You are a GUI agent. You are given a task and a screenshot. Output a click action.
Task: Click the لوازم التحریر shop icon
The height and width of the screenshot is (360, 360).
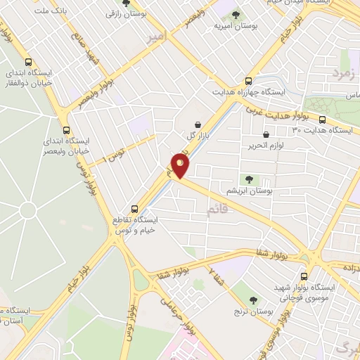click(x=266, y=134)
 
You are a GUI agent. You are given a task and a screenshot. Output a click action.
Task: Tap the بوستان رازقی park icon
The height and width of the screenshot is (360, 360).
click(x=127, y=3)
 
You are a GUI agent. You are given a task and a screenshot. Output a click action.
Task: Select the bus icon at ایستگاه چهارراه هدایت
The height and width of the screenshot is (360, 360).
click(x=247, y=81)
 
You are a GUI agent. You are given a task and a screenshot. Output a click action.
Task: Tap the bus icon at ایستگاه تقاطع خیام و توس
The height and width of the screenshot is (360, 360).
click(x=135, y=208)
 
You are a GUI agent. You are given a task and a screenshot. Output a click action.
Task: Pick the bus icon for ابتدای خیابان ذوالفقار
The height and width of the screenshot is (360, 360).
click(x=27, y=62)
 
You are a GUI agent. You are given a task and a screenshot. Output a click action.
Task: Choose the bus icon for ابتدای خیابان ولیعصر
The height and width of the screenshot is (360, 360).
click(x=67, y=130)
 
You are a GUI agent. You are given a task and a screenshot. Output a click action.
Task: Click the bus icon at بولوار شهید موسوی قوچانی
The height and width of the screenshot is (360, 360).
click(x=304, y=276)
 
